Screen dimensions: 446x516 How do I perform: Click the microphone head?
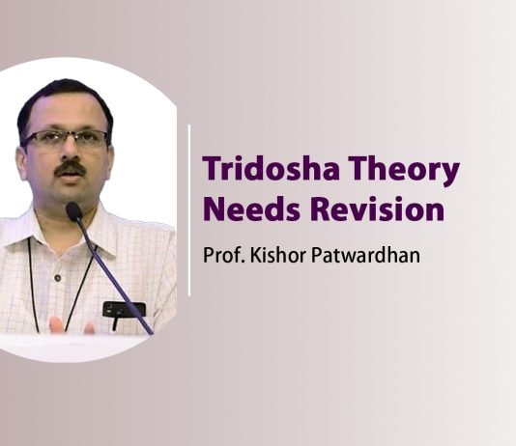point(74,211)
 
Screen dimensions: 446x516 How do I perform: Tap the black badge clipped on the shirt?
point(124,309)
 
